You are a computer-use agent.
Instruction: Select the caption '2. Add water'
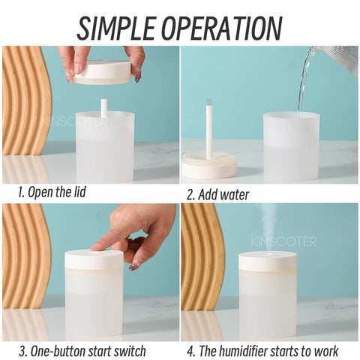point(217,195)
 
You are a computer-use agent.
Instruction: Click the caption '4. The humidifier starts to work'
point(262,350)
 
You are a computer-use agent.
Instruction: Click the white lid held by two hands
point(103,71)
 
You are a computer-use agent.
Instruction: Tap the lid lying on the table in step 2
point(208,164)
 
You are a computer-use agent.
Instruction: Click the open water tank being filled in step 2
point(291,146)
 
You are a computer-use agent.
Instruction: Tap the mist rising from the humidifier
point(268,229)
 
